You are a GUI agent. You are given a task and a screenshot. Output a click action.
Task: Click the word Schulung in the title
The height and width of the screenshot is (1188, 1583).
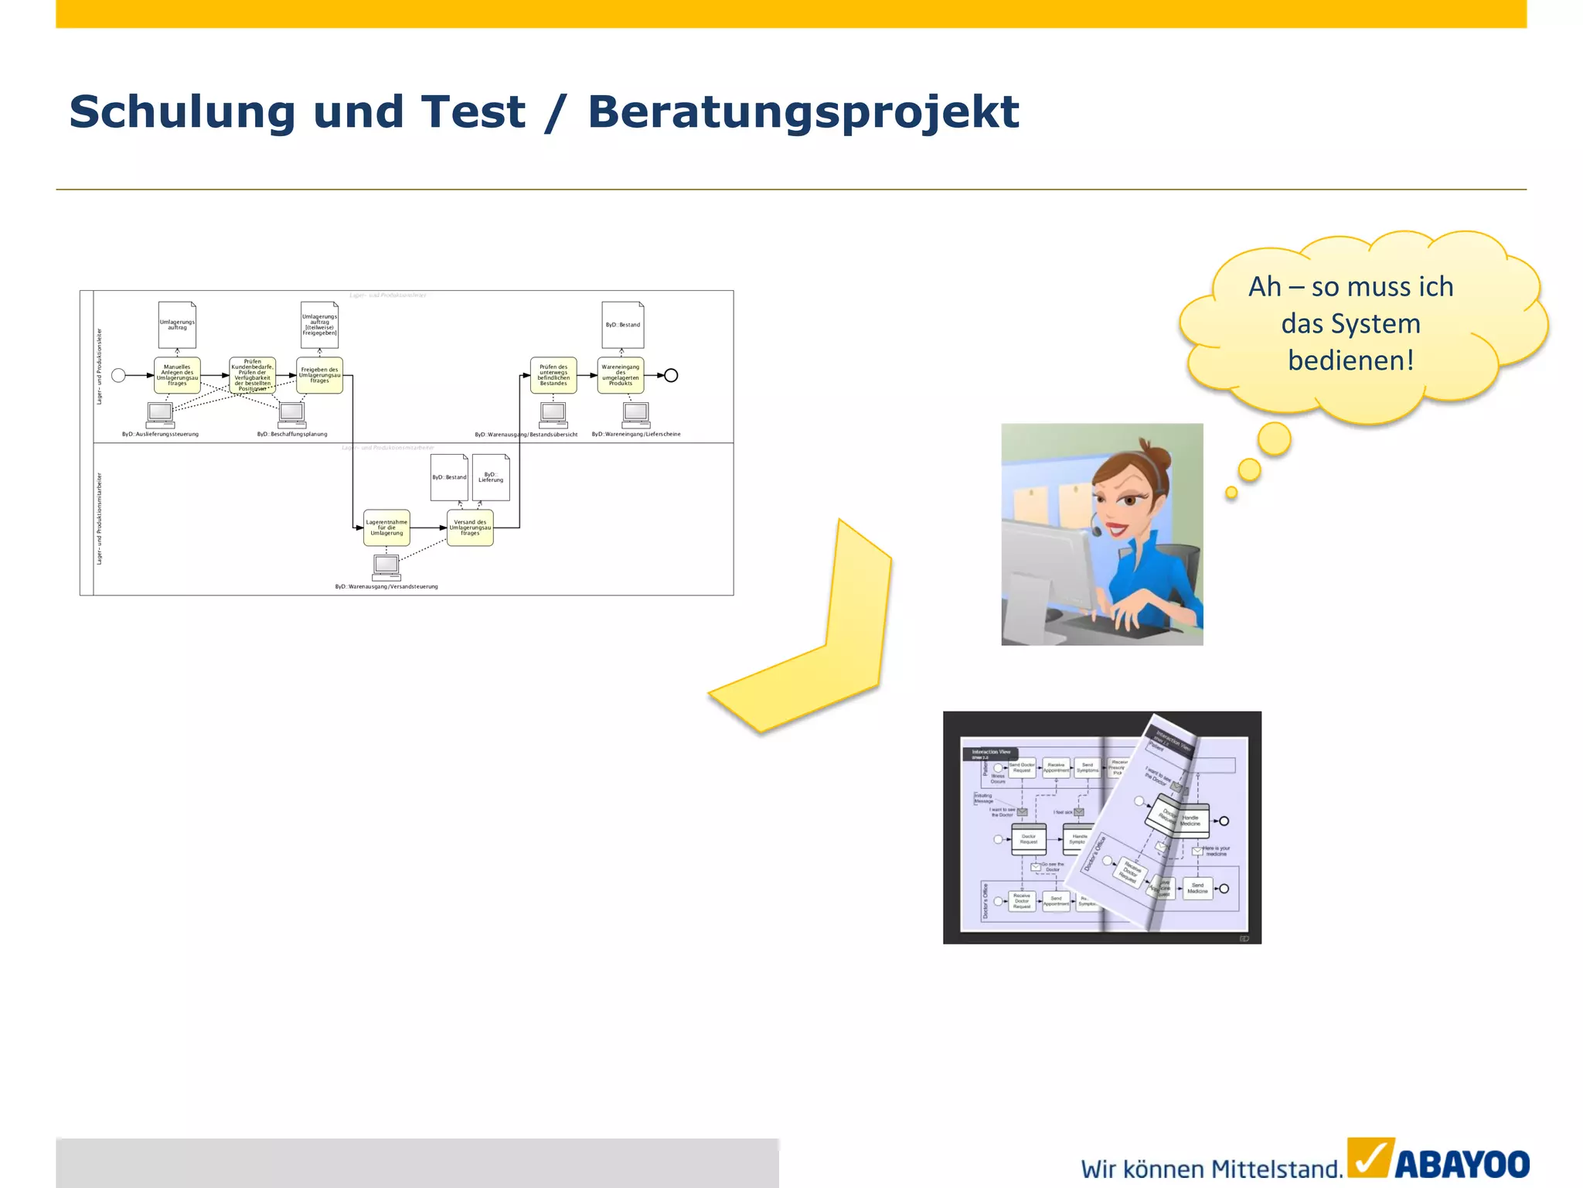click(182, 111)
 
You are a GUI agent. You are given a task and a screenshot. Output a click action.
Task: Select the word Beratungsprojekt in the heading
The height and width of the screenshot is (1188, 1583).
click(803, 113)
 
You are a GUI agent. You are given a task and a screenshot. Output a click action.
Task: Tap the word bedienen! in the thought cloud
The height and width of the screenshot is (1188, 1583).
click(1350, 360)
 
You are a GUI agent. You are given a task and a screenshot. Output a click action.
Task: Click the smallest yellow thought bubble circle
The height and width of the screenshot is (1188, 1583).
click(1231, 493)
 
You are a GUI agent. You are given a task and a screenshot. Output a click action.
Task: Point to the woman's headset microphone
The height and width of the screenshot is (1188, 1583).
click(1096, 531)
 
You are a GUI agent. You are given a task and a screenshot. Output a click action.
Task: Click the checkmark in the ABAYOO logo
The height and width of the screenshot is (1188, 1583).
click(1370, 1159)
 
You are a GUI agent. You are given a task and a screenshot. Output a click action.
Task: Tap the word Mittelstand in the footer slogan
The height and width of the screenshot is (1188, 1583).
click(1275, 1169)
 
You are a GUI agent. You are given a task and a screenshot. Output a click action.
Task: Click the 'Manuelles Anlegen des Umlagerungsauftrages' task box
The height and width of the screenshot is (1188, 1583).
click(177, 375)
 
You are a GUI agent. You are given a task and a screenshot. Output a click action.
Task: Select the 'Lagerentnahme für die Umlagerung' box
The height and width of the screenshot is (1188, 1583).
click(386, 527)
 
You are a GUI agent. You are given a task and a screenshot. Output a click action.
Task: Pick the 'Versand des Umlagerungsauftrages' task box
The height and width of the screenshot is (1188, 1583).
click(470, 527)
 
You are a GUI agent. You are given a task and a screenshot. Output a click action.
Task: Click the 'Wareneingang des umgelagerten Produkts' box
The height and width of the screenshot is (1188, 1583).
click(621, 375)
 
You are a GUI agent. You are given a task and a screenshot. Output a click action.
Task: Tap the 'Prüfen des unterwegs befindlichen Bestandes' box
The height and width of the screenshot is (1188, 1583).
click(553, 375)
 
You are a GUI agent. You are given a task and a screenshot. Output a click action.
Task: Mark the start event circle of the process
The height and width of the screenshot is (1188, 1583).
click(118, 375)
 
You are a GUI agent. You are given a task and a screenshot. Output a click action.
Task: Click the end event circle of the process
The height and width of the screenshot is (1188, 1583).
click(672, 375)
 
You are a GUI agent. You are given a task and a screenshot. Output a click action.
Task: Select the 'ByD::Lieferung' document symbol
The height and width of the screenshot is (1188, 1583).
click(491, 477)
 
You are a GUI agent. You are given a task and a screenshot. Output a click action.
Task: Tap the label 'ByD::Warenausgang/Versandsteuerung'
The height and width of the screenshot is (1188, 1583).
click(386, 587)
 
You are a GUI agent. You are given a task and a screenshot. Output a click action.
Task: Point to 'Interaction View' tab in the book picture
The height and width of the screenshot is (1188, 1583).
click(991, 752)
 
